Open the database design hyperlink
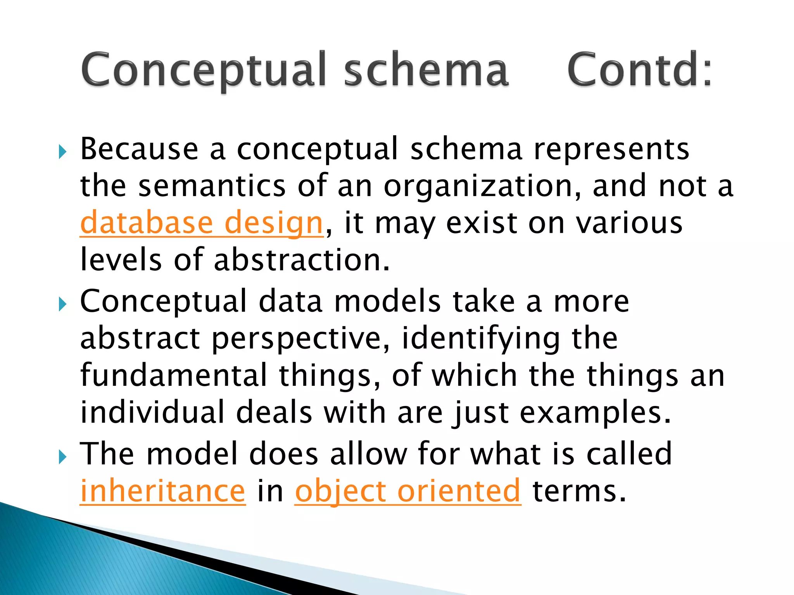(202, 223)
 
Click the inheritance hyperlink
(163, 491)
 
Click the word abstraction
(301, 260)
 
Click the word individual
(152, 412)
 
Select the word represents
(611, 150)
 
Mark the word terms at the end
(580, 491)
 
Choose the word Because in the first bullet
(139, 150)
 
